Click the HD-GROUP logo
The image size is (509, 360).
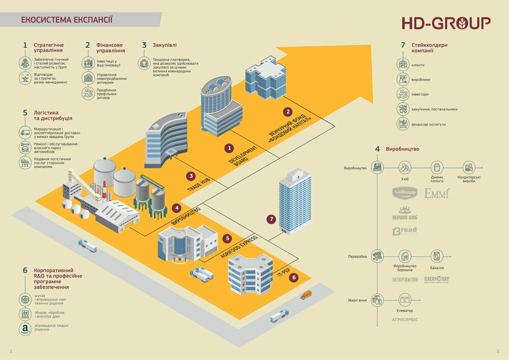coord(446,23)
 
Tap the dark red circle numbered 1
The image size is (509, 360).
coord(230,148)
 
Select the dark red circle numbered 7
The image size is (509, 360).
coord(271,219)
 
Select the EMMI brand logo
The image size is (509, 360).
coord(437,193)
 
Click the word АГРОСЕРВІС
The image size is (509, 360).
coord(405,320)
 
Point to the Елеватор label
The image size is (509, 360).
coord(405,311)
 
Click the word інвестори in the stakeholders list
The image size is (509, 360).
coord(420,94)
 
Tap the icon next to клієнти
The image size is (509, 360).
coord(403,65)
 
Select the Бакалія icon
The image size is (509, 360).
coord(437,256)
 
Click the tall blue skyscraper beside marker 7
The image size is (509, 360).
coord(295,201)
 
